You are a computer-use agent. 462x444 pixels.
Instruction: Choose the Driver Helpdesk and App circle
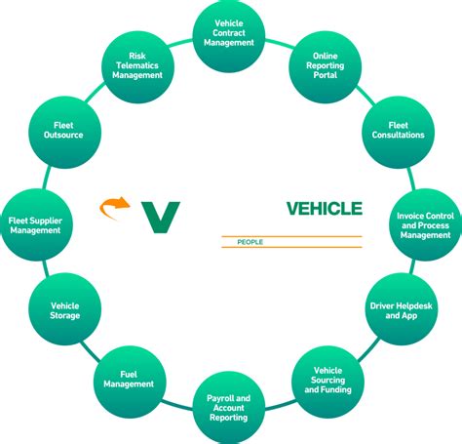pos(400,311)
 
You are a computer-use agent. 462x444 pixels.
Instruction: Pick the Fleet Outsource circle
pos(63,130)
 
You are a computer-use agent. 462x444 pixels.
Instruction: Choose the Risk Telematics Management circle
pos(136,64)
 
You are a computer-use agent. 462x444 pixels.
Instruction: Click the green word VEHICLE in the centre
pos(324,208)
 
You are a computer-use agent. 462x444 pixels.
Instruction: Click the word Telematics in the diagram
pos(137,65)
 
